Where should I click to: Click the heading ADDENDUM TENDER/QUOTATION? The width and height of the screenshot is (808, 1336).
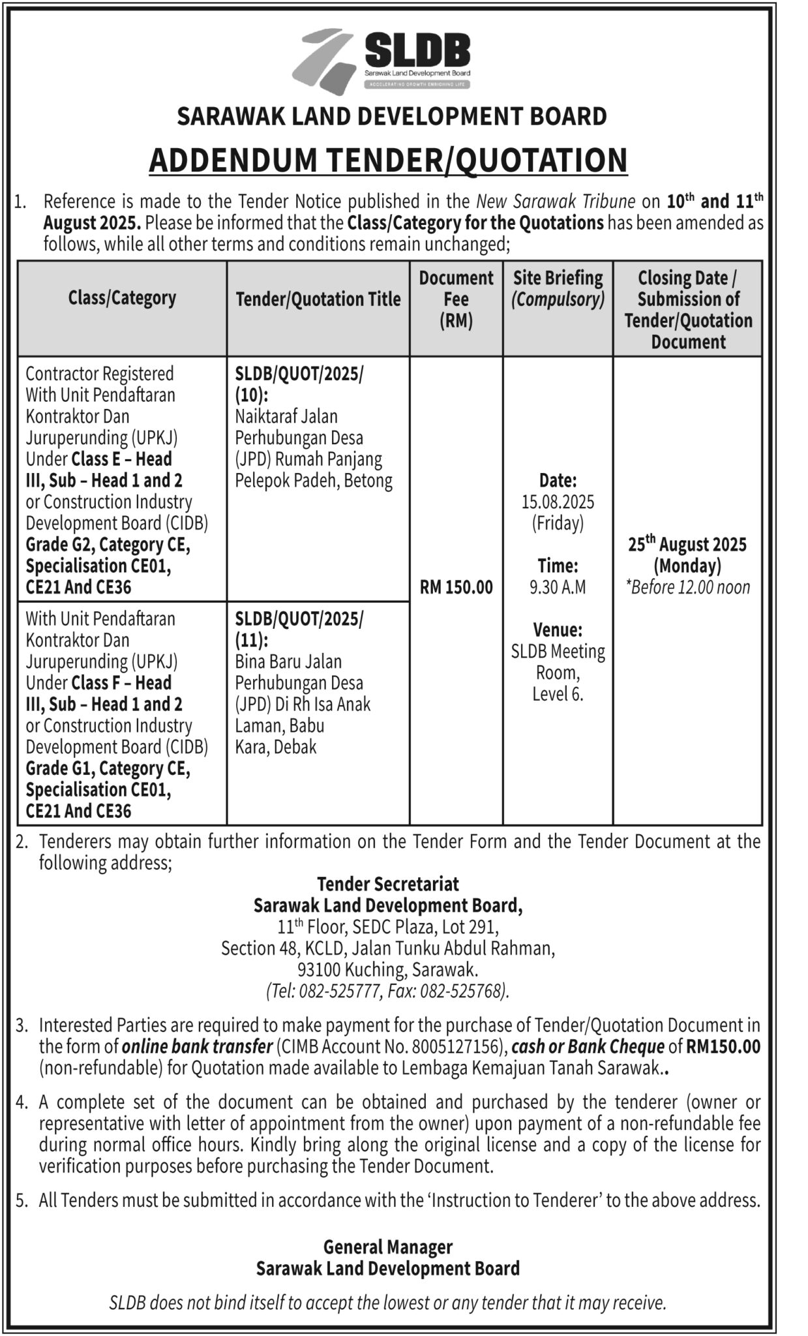388,160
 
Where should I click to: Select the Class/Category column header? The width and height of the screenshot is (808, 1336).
122,298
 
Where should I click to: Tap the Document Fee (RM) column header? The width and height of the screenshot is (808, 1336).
456,299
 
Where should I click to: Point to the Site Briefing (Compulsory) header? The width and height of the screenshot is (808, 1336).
558,288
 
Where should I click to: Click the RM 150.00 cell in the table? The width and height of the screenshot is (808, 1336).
456,587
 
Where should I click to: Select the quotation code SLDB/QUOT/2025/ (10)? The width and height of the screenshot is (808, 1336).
299,384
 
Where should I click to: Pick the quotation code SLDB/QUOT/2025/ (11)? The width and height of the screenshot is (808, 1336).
299,629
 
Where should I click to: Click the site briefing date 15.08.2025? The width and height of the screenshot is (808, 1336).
558,502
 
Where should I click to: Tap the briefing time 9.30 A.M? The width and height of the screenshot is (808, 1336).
558,587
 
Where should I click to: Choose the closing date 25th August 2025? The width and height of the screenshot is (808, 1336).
687,544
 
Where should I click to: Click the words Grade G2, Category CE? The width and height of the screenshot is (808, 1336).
108,545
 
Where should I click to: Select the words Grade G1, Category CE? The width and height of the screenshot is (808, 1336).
108,768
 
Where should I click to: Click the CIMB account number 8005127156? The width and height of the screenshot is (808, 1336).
457,1047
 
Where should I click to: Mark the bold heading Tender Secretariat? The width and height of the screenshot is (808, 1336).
387,884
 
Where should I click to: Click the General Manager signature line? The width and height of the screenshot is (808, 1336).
387,1247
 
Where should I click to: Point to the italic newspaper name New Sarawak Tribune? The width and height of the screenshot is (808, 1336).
556,201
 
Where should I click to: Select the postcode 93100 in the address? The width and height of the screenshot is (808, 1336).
318,969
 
